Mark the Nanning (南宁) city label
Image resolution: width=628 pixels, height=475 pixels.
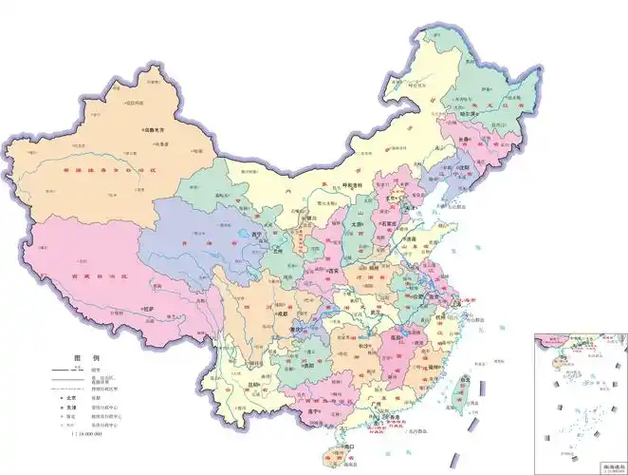click(x=332, y=411)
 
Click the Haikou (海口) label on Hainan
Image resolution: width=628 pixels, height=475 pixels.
click(x=349, y=446)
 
